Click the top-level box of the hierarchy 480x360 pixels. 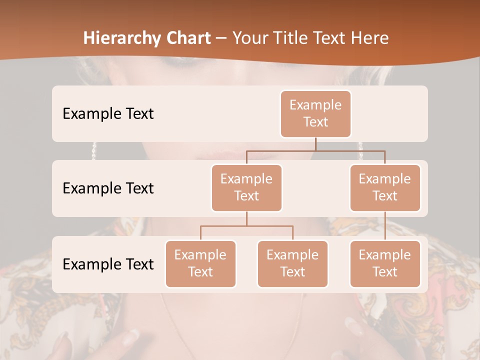[x=315, y=113]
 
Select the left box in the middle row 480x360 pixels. [x=246, y=187]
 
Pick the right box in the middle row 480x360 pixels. [x=385, y=187]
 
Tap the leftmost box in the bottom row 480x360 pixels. [x=200, y=263]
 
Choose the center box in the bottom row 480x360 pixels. [x=292, y=263]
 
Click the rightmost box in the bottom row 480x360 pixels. [x=385, y=263]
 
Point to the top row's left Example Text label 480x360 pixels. [x=108, y=113]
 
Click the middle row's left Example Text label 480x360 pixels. [x=108, y=188]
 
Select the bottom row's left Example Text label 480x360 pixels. [x=108, y=264]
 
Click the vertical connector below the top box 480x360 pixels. [x=315, y=144]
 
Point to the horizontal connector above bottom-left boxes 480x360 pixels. [x=246, y=226]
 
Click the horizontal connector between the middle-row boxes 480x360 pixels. [x=315, y=150]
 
